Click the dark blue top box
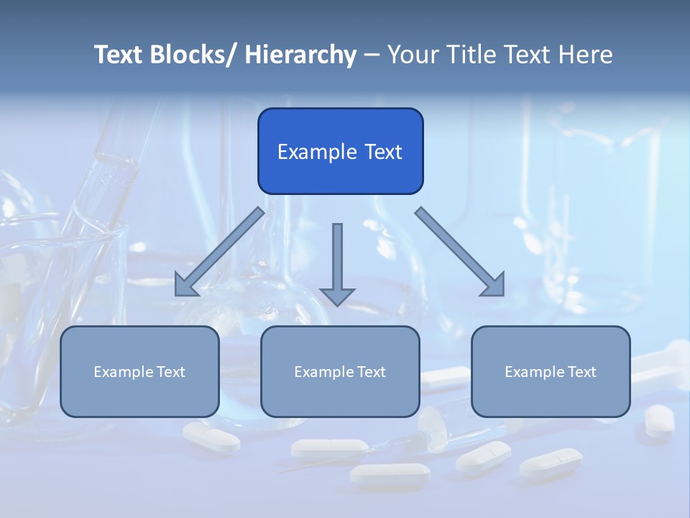[x=340, y=151]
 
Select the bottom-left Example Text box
[x=139, y=371]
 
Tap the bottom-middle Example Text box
[x=340, y=371]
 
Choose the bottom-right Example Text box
[x=551, y=371]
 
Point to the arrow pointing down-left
[x=219, y=253]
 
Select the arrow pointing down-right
[x=460, y=252]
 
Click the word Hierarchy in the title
[x=300, y=55]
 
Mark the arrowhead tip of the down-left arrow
[x=177, y=294]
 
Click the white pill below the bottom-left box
[x=211, y=437]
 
